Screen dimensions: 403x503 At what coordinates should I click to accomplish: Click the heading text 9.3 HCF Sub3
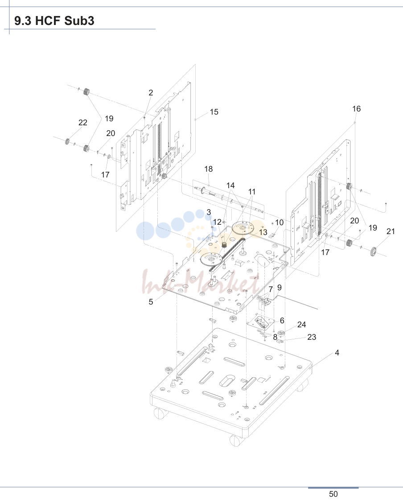point(54,21)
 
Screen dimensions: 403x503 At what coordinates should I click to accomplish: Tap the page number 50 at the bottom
point(333,494)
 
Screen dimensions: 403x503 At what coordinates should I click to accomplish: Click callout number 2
point(151,93)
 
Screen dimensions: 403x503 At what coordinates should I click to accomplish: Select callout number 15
point(214,112)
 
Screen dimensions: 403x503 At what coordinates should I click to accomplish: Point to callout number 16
point(357,109)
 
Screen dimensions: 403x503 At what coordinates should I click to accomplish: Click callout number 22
point(83,123)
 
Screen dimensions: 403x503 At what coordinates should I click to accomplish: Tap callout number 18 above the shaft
point(208,169)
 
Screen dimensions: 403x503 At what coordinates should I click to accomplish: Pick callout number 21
point(391,231)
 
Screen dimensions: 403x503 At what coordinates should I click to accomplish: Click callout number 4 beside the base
point(337,353)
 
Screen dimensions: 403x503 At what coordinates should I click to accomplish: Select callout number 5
point(151,302)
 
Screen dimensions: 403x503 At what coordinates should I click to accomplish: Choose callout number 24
point(302,325)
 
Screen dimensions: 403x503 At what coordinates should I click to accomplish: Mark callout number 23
point(312,337)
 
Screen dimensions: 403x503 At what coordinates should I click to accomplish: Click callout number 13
point(263,232)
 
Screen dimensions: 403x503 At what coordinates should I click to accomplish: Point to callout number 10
point(279,223)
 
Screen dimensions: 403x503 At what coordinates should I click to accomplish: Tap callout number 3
point(209,212)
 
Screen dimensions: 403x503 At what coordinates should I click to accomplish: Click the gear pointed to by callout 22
point(67,141)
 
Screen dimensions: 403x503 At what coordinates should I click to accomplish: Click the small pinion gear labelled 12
point(224,245)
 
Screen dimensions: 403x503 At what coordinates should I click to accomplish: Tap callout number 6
point(282,321)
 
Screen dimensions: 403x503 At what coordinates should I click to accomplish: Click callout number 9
point(279,288)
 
